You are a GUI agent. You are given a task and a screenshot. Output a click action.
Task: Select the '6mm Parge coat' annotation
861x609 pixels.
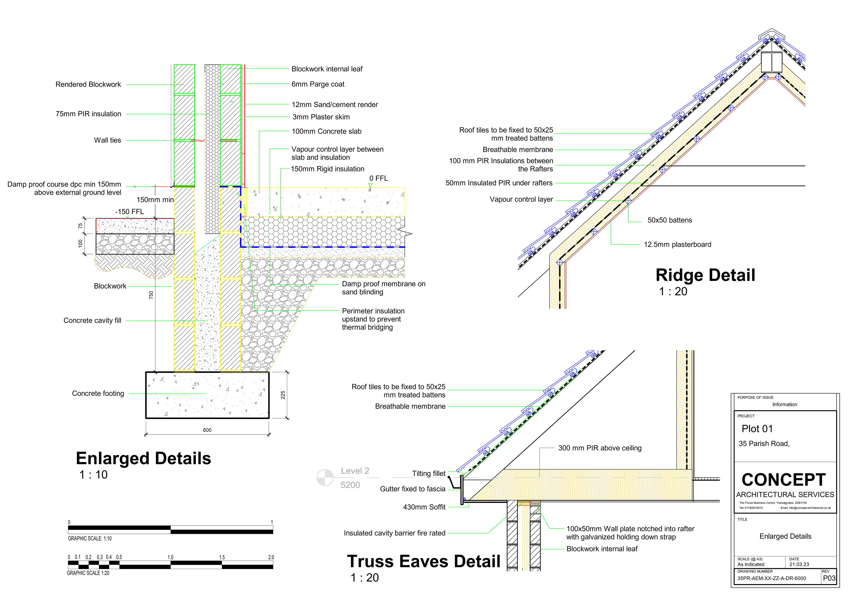318,84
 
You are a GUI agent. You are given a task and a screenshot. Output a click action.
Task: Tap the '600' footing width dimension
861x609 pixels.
207,430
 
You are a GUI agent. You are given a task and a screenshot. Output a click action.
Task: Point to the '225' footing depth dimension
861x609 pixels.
283,395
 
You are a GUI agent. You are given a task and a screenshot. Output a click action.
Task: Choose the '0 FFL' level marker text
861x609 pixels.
378,178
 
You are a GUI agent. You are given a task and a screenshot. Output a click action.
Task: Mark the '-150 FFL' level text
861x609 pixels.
129,212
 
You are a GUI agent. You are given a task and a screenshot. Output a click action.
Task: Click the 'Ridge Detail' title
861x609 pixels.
705,275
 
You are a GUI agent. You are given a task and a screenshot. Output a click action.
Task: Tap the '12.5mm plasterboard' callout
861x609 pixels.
677,245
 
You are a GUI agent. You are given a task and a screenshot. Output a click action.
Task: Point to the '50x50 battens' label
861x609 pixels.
669,220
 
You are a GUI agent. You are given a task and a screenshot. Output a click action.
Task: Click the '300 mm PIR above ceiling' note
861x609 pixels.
600,448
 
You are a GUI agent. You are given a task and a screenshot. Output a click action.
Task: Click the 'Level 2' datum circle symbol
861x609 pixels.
325,478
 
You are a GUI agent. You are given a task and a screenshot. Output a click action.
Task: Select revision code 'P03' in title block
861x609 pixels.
829,578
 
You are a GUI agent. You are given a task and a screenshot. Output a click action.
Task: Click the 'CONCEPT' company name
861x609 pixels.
783,480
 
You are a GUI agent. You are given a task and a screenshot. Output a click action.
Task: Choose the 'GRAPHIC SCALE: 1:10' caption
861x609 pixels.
90,539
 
